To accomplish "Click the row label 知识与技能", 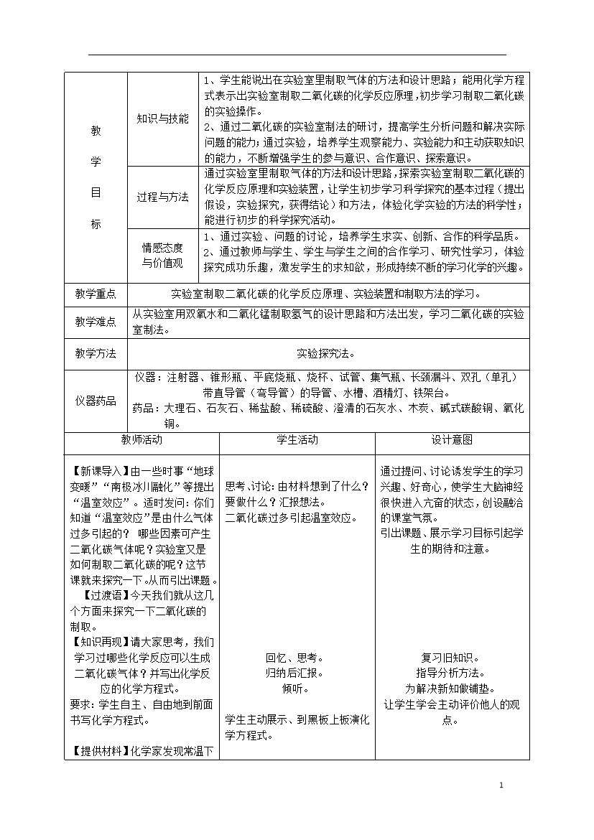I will coord(163,118).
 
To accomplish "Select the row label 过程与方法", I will coord(163,197).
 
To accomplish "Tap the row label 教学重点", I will coord(96,294).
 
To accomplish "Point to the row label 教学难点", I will coord(96,322).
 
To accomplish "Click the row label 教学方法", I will coord(96,353).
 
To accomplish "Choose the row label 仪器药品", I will coord(96,401).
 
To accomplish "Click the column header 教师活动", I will coord(141,439).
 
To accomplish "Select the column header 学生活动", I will coord(297,439).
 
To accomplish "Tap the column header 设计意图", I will coord(452,439).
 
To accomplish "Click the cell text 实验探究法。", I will coord(326,353).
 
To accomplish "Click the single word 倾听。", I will coord(296,689).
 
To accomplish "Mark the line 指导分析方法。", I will coord(450,673).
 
